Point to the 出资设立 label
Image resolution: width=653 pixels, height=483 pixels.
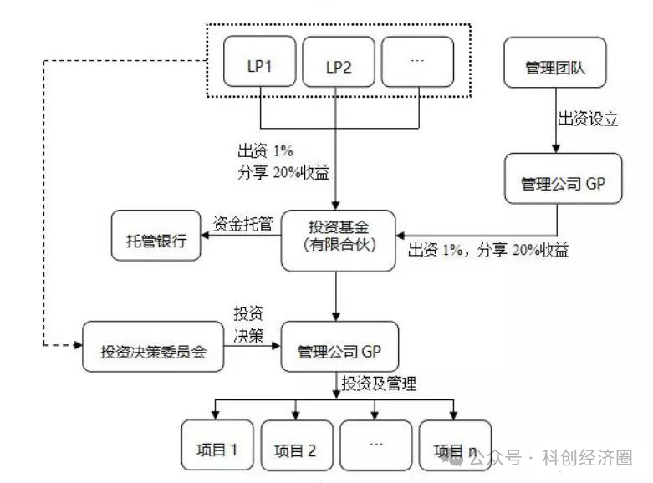click(588, 119)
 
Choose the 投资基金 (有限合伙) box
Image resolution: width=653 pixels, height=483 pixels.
click(339, 240)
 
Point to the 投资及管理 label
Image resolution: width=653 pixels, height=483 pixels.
click(378, 384)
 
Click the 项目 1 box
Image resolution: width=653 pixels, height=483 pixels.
click(217, 449)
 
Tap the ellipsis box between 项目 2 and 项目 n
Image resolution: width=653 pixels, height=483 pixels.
click(375, 449)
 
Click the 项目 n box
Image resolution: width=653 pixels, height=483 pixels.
click(455, 449)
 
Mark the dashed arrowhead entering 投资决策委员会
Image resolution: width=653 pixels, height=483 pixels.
click(77, 343)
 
